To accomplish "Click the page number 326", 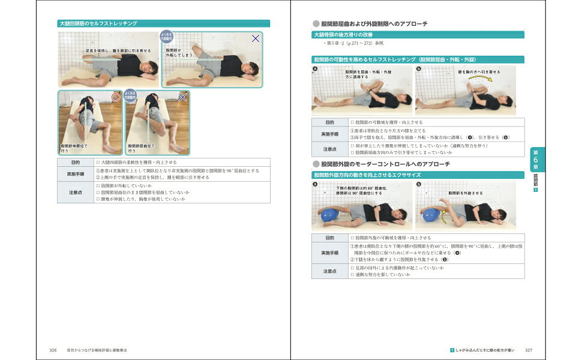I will click(53, 350).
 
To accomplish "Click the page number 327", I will click(529, 350).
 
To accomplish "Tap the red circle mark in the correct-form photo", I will click(115, 97).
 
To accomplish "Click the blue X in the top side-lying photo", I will click(256, 38).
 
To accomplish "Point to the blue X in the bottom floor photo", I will click(183, 97).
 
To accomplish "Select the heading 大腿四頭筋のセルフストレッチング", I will click(98, 23).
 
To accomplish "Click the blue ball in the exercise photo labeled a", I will click(329, 214).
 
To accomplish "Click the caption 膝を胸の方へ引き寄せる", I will click(479, 71).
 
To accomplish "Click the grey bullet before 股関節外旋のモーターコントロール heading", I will click(316, 164).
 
